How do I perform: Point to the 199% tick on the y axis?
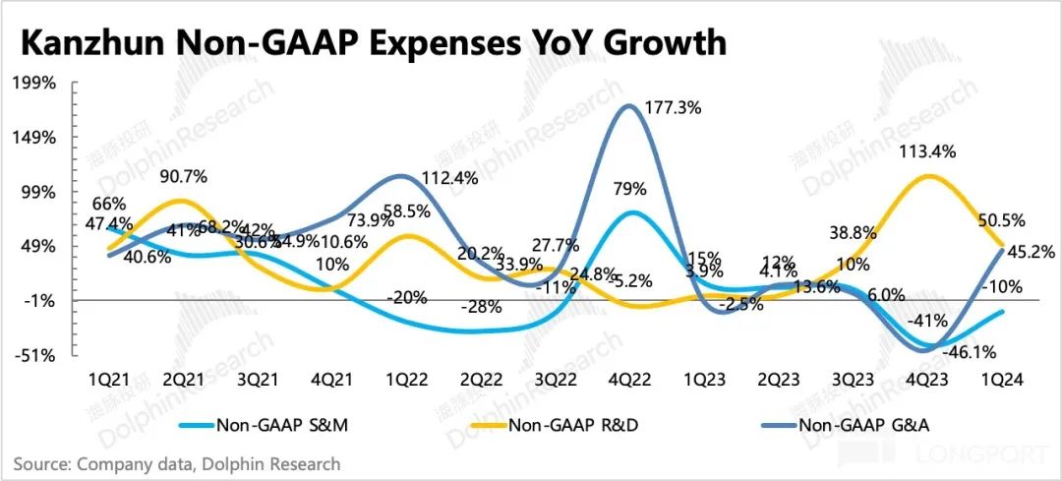coord(36,83)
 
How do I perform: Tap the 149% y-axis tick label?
coord(36,138)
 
